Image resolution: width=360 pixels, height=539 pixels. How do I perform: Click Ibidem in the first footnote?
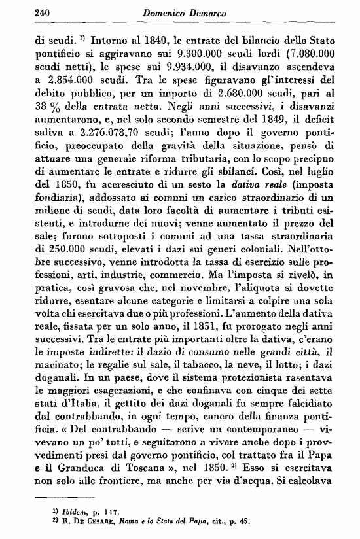(57, 506)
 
